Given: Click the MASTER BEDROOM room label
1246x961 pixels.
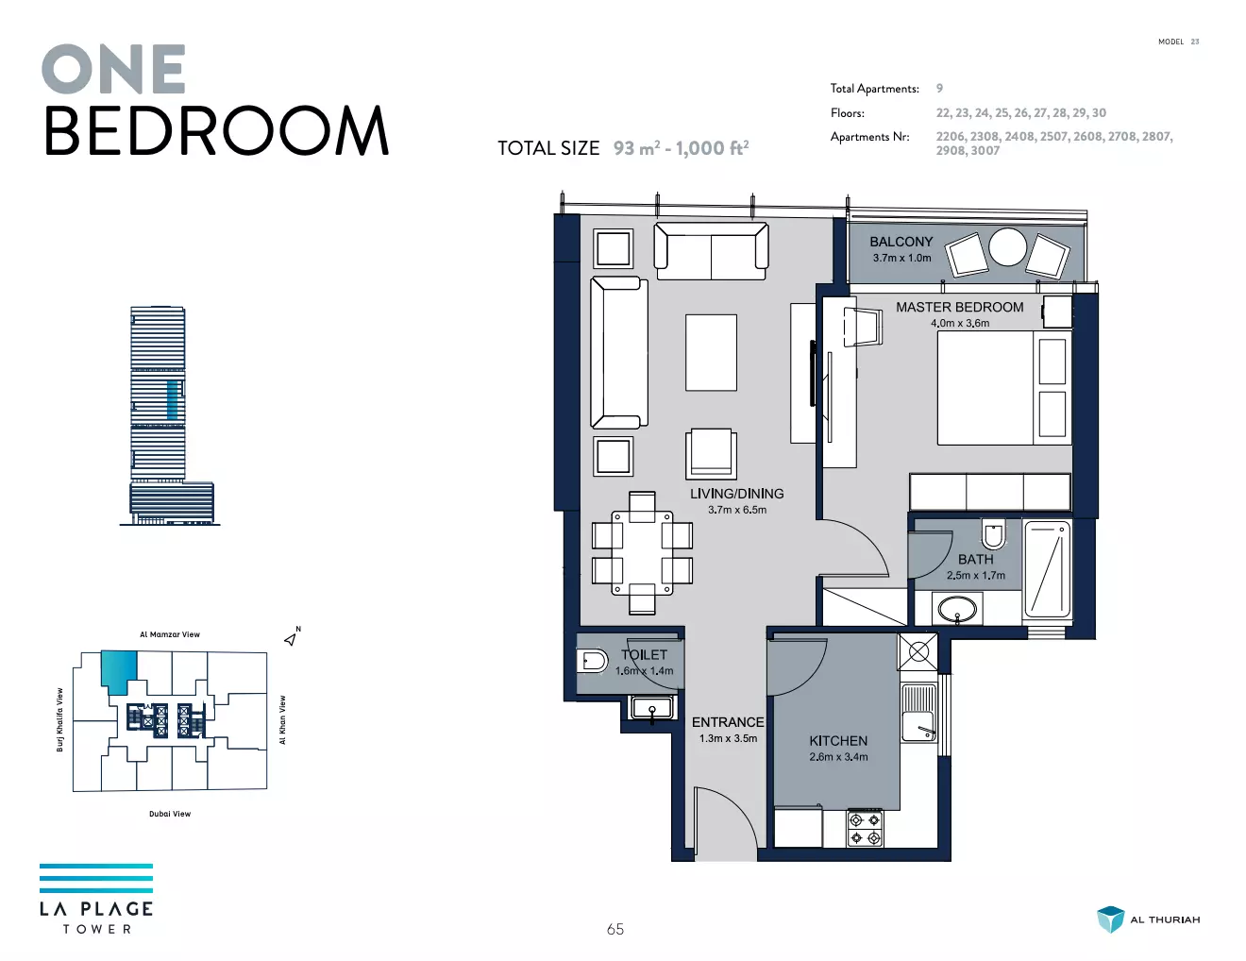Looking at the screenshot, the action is click(959, 308).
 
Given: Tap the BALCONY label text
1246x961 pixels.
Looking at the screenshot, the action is click(901, 242).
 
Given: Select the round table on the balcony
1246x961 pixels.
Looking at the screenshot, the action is click(1007, 247).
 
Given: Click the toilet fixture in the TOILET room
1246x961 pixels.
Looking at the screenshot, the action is click(592, 662).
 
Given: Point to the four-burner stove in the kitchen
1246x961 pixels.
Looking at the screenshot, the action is click(865, 829).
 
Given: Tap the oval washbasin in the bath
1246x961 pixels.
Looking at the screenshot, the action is click(956, 608).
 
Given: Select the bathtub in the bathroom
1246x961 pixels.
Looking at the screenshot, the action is click(1047, 569).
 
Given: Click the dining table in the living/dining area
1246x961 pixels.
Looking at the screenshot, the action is click(642, 553).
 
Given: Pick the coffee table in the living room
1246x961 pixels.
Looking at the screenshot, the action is click(711, 352).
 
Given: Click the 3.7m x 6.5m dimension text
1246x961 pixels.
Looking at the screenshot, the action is click(737, 510).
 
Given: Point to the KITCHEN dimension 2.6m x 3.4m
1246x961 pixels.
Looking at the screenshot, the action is click(838, 757).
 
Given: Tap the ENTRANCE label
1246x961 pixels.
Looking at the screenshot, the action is click(728, 722).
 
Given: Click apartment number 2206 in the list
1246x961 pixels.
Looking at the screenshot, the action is click(951, 137).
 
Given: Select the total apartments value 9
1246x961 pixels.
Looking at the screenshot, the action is click(939, 89).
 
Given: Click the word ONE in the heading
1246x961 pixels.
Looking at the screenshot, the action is click(113, 69).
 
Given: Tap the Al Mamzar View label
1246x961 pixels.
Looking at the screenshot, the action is click(170, 634).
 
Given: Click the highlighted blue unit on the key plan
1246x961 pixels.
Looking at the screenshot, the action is click(119, 671).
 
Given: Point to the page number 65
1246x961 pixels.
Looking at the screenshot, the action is click(615, 929).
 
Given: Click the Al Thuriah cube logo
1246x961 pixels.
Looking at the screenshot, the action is click(1111, 919).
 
